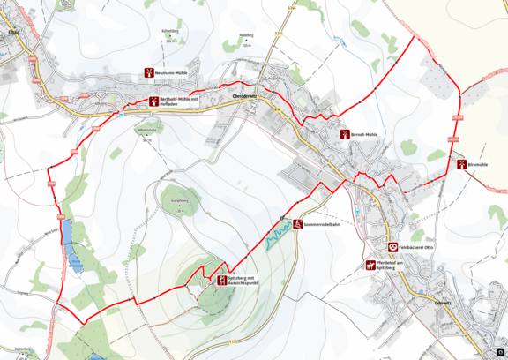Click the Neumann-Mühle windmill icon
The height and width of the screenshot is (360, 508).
click(x=149, y=73)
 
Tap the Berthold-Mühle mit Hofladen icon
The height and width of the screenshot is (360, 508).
click(x=153, y=101)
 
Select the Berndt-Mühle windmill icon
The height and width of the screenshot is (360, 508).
click(x=345, y=135)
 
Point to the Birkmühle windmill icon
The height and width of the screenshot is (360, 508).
click(x=461, y=163)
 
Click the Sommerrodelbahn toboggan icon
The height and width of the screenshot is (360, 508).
click(x=299, y=224)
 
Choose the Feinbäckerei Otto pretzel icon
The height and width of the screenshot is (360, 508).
click(x=392, y=248)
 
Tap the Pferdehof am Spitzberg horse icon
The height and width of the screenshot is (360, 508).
click(x=370, y=265)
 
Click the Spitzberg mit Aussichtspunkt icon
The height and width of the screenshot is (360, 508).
click(x=221, y=280)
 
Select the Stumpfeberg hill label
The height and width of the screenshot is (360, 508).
click(x=179, y=202)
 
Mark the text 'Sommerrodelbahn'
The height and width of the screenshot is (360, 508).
click(x=324, y=224)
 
